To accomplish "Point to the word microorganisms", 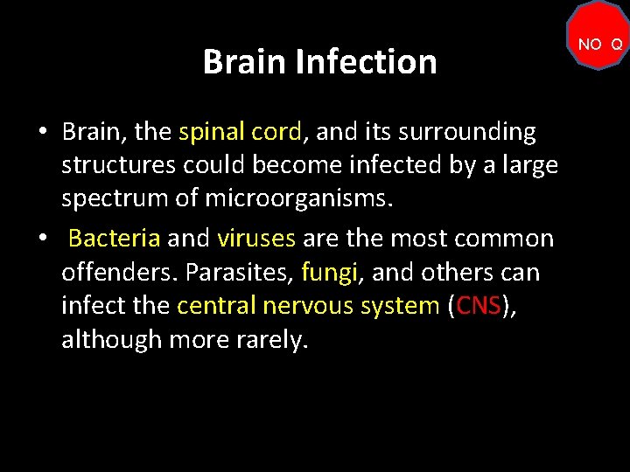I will click(299, 198).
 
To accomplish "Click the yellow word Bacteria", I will click(114, 238).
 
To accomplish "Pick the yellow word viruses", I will click(256, 238).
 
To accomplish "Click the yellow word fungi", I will click(331, 272).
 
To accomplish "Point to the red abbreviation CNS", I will click(478, 305).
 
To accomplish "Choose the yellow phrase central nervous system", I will click(308, 305).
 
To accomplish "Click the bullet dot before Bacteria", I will click(42, 239).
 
